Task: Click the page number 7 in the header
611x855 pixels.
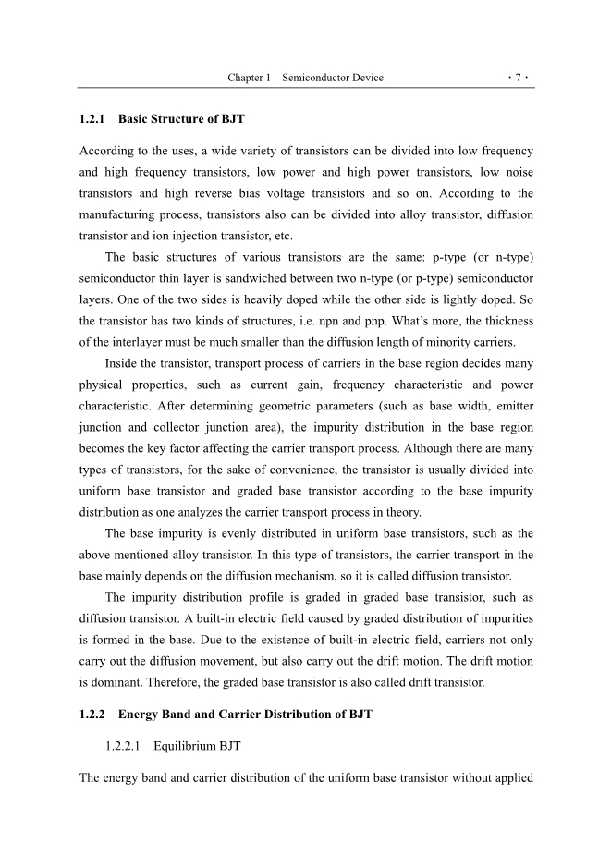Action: click(519, 78)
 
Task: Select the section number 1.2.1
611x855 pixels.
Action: click(94, 119)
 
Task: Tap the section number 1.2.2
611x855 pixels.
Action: click(94, 715)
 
